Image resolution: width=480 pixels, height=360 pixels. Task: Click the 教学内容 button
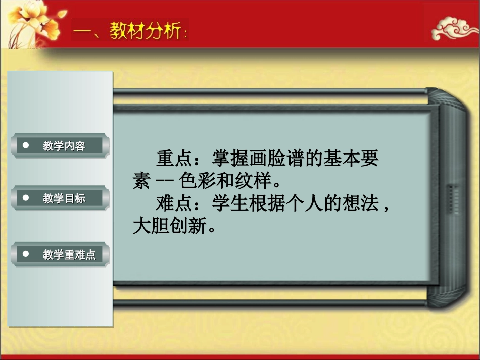point(61,146)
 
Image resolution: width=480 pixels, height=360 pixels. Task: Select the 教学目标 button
point(61,198)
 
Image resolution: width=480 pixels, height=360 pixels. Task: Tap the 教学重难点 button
point(61,254)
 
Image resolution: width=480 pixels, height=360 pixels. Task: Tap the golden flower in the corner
point(30,20)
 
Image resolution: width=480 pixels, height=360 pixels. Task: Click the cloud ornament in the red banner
point(454,30)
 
